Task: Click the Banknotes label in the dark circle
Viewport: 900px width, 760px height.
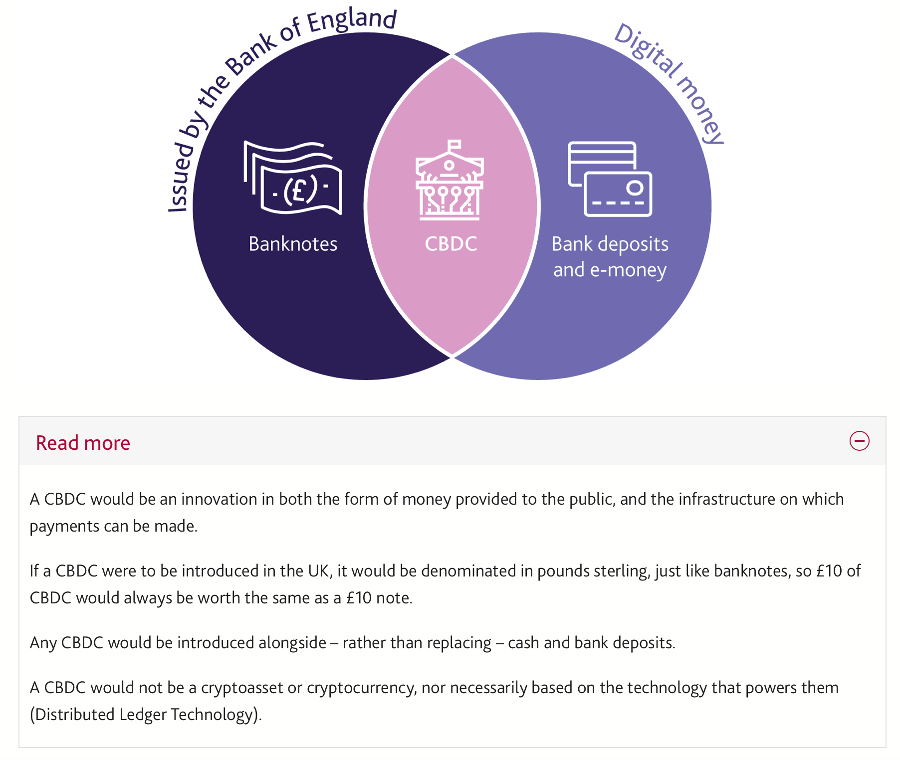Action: pos(293,244)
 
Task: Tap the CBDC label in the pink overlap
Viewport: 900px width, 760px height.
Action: pos(450,244)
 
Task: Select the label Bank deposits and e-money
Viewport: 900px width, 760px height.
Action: pos(610,257)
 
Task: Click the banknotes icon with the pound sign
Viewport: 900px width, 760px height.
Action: pos(293,178)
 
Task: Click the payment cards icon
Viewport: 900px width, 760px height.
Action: pos(610,179)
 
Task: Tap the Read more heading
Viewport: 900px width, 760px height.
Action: pos(83,443)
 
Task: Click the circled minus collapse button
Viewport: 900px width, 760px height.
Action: pos(859,441)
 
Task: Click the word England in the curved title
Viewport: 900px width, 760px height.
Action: pos(351,21)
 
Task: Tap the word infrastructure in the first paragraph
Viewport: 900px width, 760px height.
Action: pos(727,499)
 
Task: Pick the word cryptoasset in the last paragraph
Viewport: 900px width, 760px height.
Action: pos(242,688)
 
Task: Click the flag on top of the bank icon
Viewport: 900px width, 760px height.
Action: pos(454,145)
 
